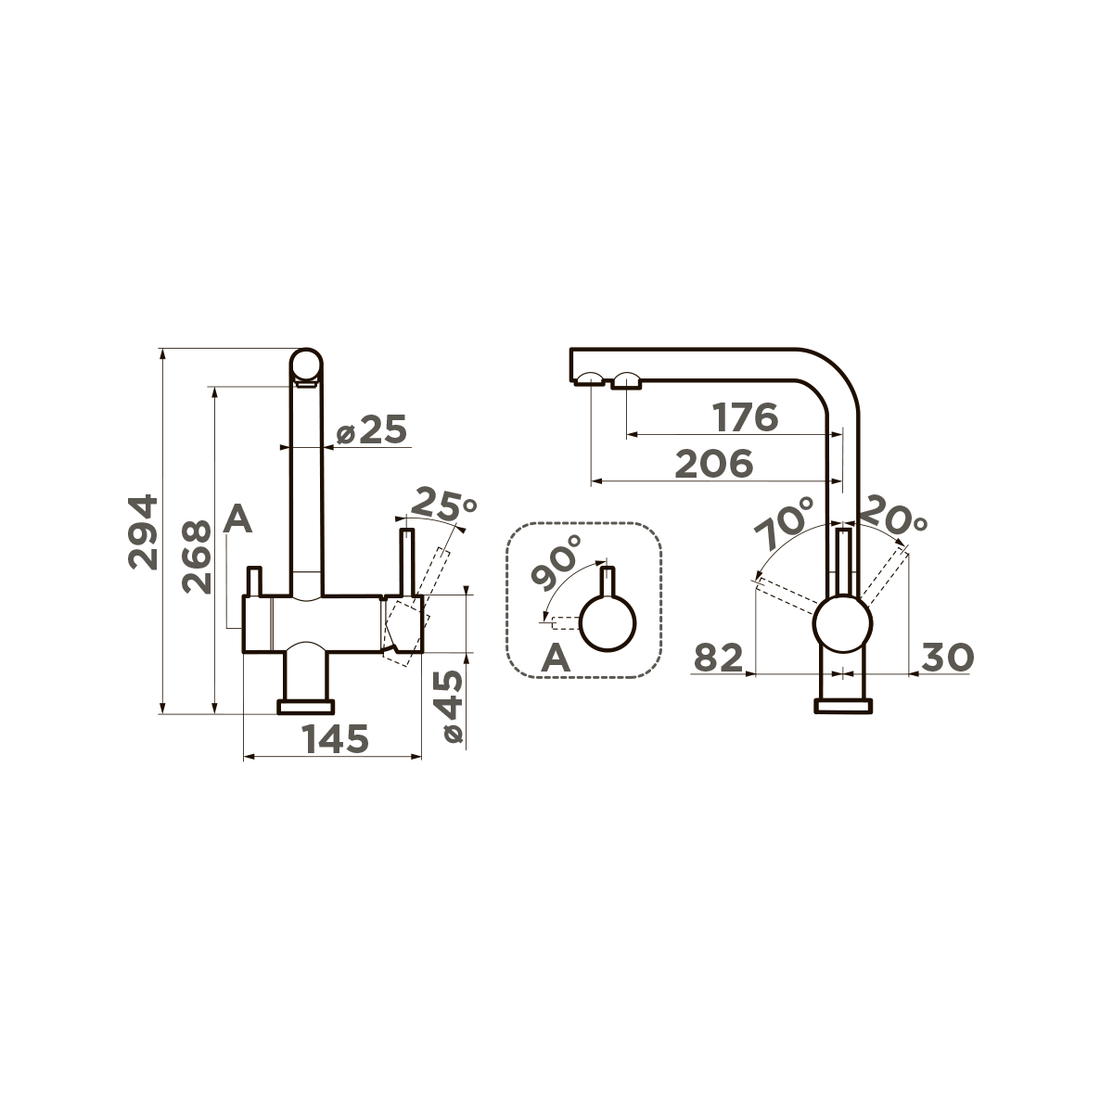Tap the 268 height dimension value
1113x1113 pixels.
tap(197, 556)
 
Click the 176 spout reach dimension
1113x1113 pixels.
tap(745, 417)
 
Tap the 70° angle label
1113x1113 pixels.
tap(784, 524)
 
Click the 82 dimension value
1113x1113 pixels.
tap(720, 658)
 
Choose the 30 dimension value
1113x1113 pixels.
tap(945, 658)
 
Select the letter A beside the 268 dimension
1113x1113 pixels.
tap(238, 519)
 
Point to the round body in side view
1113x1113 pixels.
tap(842, 628)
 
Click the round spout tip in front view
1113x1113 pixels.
tap(306, 365)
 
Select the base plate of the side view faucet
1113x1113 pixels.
tap(842, 707)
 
